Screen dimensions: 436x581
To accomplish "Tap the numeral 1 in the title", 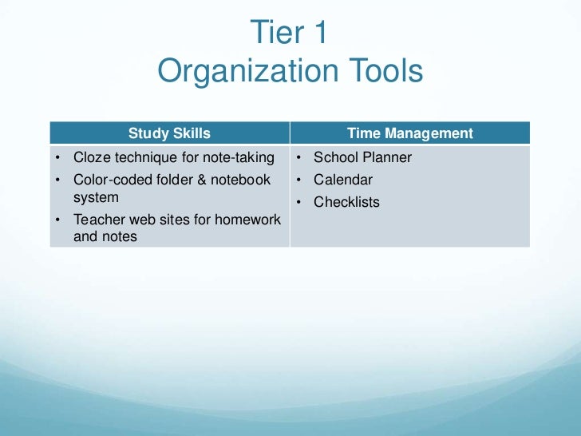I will click(318, 33).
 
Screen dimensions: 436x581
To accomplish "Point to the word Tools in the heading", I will click(384, 72).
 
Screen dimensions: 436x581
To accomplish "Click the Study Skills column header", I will click(169, 133).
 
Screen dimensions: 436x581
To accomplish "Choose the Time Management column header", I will click(409, 133).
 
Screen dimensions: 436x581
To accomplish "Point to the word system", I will click(96, 196).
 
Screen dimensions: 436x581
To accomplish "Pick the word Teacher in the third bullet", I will click(99, 219).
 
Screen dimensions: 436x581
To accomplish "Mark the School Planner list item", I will click(362, 157).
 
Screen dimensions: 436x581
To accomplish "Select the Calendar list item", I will click(342, 180).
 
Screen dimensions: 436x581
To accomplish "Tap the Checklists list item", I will click(346, 202).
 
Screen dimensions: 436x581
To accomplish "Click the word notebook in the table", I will click(239, 180).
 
